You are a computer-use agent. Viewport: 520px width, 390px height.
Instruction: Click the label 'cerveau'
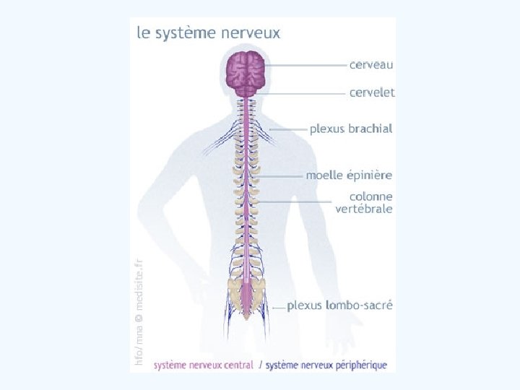[x=371, y=64]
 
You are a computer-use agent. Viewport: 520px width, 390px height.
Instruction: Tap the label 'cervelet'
[x=372, y=92]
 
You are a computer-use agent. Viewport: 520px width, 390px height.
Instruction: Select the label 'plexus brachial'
[x=351, y=129]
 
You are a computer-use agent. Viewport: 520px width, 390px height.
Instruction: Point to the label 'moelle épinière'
[x=349, y=175]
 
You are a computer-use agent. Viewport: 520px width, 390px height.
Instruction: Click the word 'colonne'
[x=371, y=196]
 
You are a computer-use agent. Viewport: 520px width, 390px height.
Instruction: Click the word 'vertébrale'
[x=364, y=209]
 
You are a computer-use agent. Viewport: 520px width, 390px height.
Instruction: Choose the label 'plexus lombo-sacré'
[x=339, y=305]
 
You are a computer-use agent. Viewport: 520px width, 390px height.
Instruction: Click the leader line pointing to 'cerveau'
[x=307, y=65]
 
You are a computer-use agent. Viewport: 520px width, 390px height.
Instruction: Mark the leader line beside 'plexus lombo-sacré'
[x=278, y=307]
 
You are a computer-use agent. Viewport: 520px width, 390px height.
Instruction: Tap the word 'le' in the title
[x=144, y=32]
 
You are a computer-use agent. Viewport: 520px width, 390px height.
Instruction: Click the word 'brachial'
[x=370, y=129]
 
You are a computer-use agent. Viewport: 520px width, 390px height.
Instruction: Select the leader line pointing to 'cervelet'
[x=303, y=93]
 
